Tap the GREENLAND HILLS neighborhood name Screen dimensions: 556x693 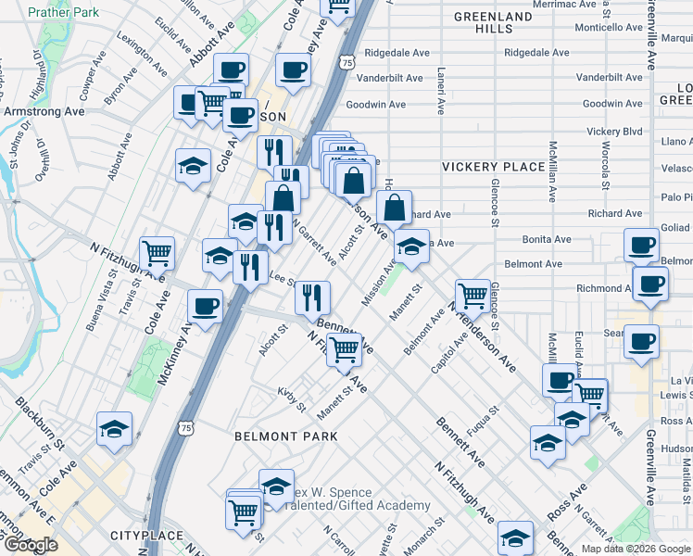pyautogui.click(x=493, y=22)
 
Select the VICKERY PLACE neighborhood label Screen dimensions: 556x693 pyautogui.click(x=493, y=167)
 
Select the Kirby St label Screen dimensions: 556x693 pyautogui.click(x=291, y=399)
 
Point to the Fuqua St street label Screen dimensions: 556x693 pyautogui.click(x=484, y=420)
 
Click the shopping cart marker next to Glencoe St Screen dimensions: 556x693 pyautogui.click(x=472, y=295)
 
